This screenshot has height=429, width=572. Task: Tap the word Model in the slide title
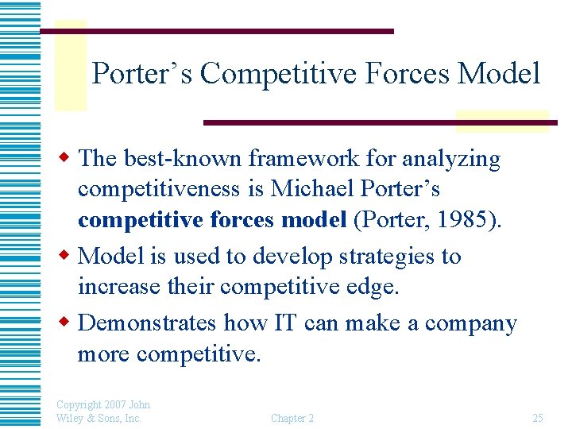500,74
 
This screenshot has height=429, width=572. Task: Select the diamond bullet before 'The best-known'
68,159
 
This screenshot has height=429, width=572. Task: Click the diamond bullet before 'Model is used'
68,257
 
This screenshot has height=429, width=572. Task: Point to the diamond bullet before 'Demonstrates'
68,323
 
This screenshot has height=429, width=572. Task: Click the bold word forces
241,220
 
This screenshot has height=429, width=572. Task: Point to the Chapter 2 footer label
292,418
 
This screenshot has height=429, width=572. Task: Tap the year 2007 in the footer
114,404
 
